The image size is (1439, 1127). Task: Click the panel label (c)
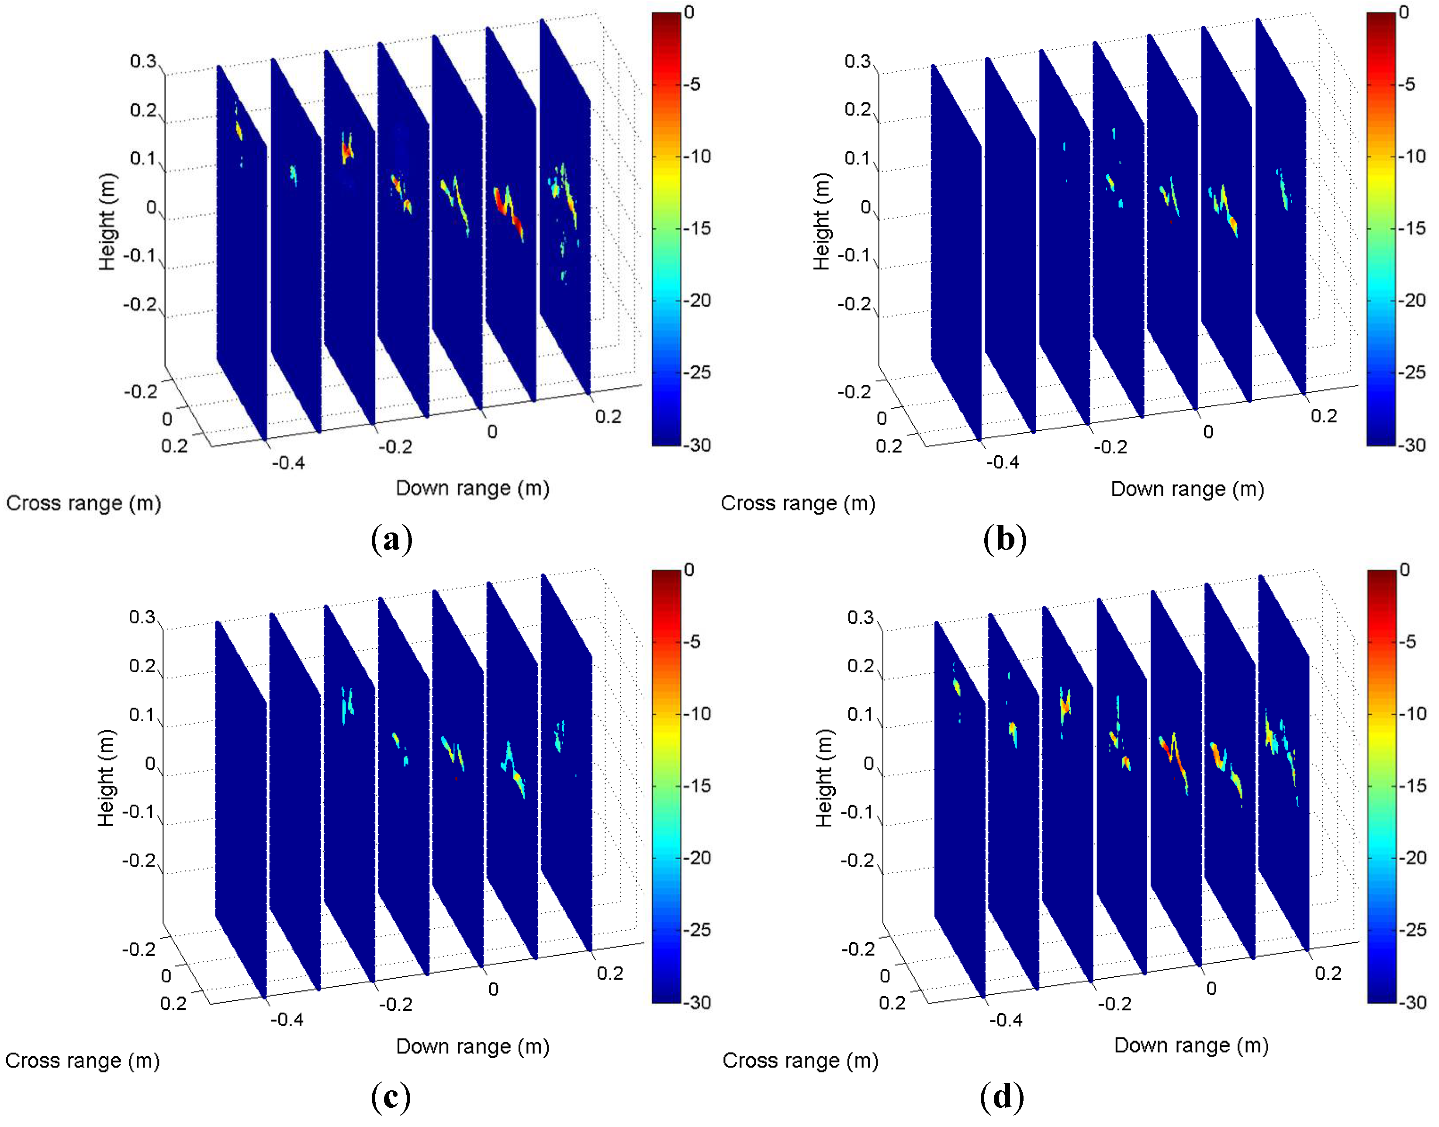391,1097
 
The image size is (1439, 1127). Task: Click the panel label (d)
1002,1097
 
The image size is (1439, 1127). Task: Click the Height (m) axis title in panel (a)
107,222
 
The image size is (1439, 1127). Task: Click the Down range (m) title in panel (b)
1187,489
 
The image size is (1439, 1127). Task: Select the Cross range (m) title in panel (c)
83,1060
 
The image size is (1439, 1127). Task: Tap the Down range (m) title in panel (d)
1191,1045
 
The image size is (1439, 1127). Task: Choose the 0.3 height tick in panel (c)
142,617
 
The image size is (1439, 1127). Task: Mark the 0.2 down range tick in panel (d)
1328,973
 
